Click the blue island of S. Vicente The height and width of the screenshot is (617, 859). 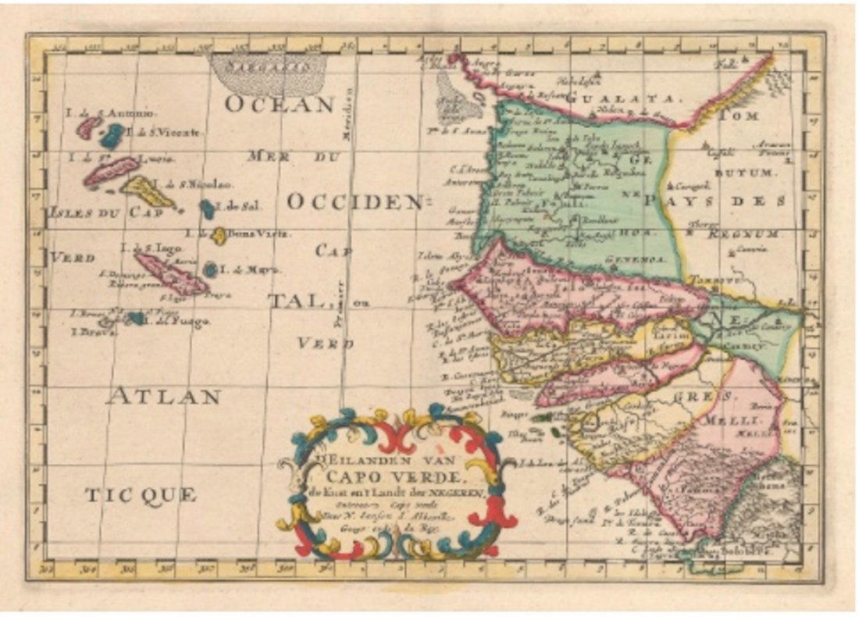coord(112,136)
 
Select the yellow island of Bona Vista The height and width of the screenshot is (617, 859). coord(220,235)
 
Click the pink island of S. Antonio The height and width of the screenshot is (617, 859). coord(87,127)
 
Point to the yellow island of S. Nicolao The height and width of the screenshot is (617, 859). coord(146,190)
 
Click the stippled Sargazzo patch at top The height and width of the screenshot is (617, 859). coord(268,73)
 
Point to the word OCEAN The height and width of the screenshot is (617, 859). coord(280,104)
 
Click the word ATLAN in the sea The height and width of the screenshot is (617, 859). coord(163,397)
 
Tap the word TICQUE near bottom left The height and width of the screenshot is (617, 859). coord(141,494)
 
